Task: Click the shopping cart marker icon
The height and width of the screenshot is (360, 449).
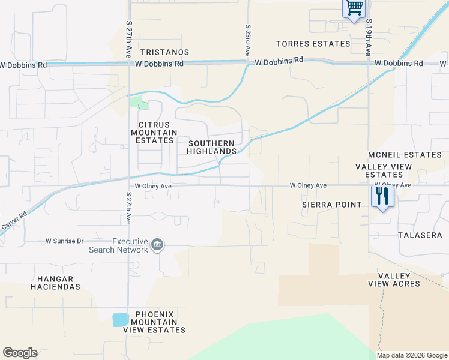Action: [354, 8]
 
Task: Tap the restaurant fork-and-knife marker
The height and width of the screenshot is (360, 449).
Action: [382, 196]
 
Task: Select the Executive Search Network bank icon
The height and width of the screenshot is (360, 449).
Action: [158, 244]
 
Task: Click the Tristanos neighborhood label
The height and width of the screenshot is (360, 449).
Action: [164, 52]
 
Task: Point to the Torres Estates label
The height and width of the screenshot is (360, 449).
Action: [313, 44]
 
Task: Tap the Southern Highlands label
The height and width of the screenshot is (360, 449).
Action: [211, 147]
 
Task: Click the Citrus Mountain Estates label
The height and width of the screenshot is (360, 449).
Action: [154, 132]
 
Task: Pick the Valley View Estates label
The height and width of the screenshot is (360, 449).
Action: [384, 170]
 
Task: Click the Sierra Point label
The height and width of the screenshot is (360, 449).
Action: [332, 205]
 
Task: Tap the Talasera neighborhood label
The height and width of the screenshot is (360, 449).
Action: [420, 235]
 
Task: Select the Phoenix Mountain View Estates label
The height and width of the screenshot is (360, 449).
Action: [154, 322]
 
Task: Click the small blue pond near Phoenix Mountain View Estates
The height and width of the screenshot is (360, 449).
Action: [120, 320]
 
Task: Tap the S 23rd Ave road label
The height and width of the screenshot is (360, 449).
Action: [247, 40]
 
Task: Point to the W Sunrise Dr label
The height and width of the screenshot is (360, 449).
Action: [65, 241]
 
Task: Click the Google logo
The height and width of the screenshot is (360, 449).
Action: [20, 353]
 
